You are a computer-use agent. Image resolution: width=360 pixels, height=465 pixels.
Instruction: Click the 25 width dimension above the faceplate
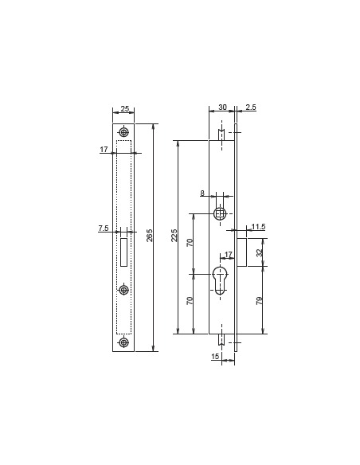tap(124, 109)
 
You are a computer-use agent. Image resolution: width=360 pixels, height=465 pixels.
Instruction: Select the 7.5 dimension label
tap(104, 229)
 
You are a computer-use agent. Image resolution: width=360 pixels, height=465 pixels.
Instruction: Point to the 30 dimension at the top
tap(222, 107)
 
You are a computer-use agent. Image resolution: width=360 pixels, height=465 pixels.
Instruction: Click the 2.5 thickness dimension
tap(251, 107)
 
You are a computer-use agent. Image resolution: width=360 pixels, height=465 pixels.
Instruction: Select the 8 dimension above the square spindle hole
tap(202, 193)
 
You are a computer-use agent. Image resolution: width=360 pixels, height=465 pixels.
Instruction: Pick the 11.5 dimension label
tap(257, 228)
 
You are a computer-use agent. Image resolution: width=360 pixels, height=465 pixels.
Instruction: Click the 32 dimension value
tap(259, 252)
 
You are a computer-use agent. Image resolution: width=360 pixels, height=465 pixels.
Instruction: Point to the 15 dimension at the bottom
tap(215, 358)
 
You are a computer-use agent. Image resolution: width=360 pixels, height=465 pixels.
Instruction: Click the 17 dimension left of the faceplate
tap(104, 150)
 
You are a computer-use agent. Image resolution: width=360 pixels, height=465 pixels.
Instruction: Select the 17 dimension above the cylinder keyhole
tap(229, 255)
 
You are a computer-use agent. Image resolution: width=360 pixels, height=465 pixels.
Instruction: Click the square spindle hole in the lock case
tap(221, 213)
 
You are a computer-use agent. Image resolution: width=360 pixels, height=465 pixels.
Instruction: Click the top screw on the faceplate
tap(123, 132)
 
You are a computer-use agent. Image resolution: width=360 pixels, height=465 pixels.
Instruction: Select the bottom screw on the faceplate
tap(123, 342)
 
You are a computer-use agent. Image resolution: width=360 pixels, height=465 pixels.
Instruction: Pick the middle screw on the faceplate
tap(123, 290)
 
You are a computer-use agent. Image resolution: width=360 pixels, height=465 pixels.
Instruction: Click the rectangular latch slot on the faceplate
tap(123, 252)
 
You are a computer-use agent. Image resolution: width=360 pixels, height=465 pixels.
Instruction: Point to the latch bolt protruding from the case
tap(241, 251)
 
